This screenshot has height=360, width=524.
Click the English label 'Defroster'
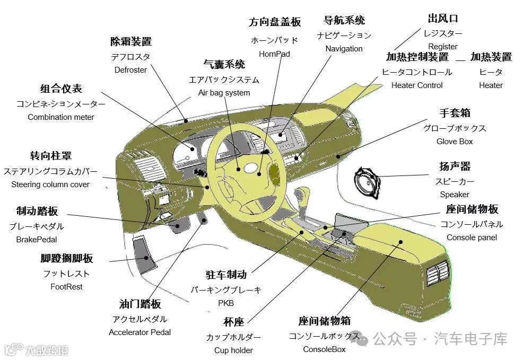(x=130, y=70)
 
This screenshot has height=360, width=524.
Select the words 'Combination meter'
(x=61, y=117)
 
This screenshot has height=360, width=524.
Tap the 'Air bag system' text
(x=224, y=93)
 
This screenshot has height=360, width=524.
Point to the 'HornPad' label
(x=274, y=54)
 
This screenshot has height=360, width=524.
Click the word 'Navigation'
(x=344, y=49)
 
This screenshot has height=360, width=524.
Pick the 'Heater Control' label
(x=416, y=85)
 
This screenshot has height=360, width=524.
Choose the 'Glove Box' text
(x=455, y=142)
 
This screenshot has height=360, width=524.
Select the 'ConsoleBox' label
(x=324, y=349)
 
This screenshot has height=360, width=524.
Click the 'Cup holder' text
(x=233, y=350)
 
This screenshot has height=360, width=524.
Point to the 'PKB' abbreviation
(x=225, y=303)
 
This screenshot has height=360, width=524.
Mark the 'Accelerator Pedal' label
(x=139, y=332)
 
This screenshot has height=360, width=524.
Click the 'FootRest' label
(x=66, y=287)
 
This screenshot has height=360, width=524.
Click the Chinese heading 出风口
(x=442, y=19)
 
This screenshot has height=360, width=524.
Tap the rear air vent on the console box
(x=440, y=274)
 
